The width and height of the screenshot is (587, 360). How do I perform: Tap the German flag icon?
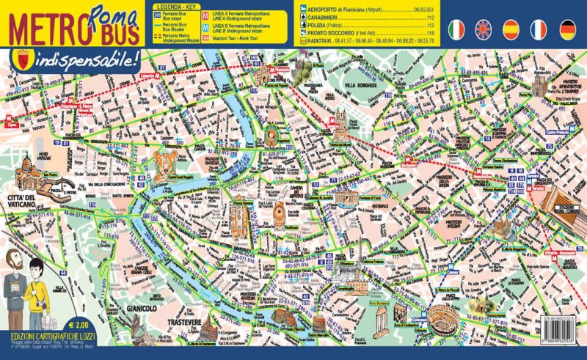point(566,29)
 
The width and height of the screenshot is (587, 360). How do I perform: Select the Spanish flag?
point(512,29)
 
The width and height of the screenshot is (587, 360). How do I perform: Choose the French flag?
point(539,29)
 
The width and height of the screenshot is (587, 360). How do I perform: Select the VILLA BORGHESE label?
point(359,86)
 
